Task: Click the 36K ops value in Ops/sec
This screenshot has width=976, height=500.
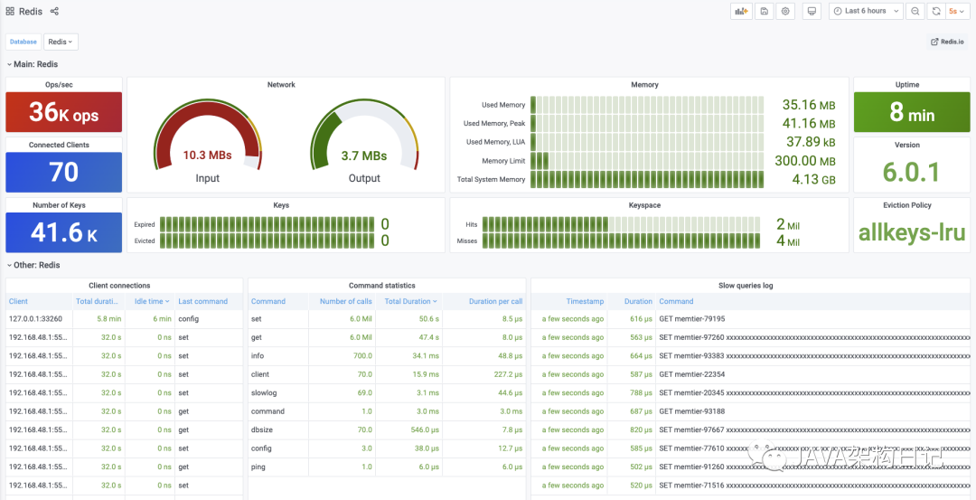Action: pos(63,112)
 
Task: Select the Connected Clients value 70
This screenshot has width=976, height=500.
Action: pos(63,172)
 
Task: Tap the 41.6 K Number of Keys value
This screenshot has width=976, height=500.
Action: pos(63,232)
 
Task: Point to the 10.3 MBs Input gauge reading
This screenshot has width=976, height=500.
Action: pos(207,156)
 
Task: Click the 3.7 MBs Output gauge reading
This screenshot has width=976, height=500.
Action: pos(364,156)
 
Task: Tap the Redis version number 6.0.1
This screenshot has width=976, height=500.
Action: pos(912,172)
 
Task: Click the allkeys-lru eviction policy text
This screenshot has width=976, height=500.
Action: pos(912,232)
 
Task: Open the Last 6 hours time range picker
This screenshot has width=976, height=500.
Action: pos(865,11)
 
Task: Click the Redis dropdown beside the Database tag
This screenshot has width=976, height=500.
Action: pos(61,42)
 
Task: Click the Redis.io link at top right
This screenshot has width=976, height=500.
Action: pos(948,42)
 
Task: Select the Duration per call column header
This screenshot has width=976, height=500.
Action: pos(495,301)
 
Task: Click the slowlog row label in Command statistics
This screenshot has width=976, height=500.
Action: pos(264,393)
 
